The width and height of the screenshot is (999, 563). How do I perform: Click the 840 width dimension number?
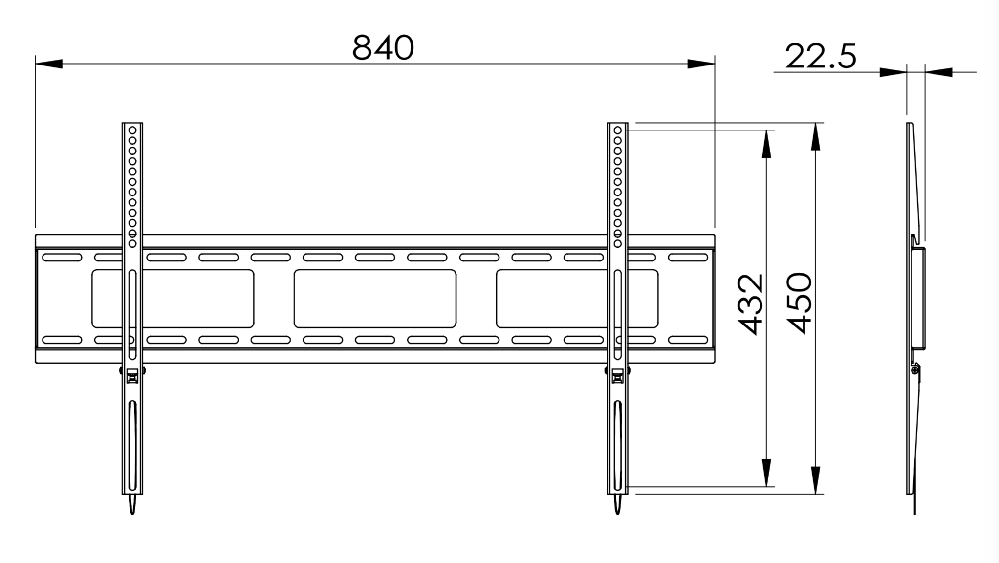point(383,48)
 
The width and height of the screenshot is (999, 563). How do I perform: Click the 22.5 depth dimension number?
point(820,57)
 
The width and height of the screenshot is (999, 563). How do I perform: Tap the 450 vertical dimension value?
point(800,303)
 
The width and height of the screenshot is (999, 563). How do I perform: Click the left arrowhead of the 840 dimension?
point(49,64)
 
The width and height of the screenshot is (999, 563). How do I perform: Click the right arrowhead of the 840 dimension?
point(700,64)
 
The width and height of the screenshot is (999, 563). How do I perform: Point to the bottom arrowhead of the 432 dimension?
point(766,473)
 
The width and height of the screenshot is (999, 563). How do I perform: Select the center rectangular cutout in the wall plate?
point(375,299)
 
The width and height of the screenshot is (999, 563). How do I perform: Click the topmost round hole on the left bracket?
point(132,130)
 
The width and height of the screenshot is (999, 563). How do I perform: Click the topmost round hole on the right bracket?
point(618,130)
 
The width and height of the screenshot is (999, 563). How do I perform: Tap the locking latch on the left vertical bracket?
point(132,376)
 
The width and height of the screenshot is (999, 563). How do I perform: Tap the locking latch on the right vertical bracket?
point(618,376)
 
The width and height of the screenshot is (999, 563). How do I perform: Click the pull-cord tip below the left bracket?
point(132,506)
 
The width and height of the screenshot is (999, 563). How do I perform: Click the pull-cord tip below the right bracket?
point(618,506)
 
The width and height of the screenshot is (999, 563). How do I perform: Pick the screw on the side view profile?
point(915,371)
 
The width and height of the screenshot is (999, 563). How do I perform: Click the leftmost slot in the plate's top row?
point(62,258)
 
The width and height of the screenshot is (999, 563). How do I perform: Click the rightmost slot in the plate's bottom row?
point(688,340)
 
